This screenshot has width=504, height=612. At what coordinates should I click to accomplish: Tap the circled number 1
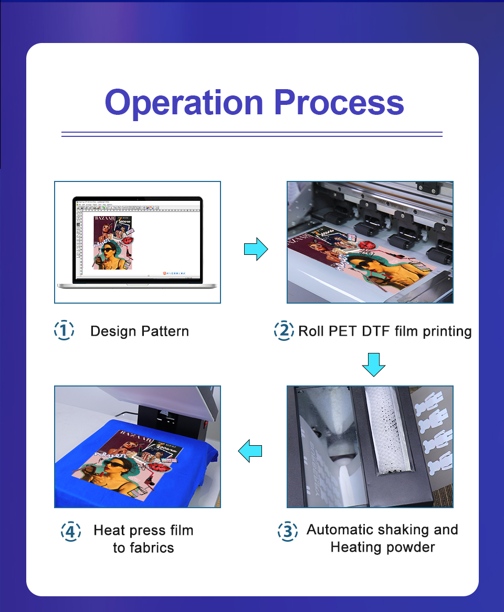[x=64, y=330]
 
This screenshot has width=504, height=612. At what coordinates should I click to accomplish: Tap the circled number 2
[x=284, y=330]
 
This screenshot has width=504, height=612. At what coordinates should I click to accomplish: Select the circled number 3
[x=288, y=531]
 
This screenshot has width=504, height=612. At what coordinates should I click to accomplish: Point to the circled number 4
[x=71, y=531]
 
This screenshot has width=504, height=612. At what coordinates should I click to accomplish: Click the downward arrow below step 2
[x=374, y=364]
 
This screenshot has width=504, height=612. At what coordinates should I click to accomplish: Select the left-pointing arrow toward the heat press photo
[x=250, y=450]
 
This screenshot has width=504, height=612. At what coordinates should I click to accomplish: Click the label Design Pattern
[x=139, y=331]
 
